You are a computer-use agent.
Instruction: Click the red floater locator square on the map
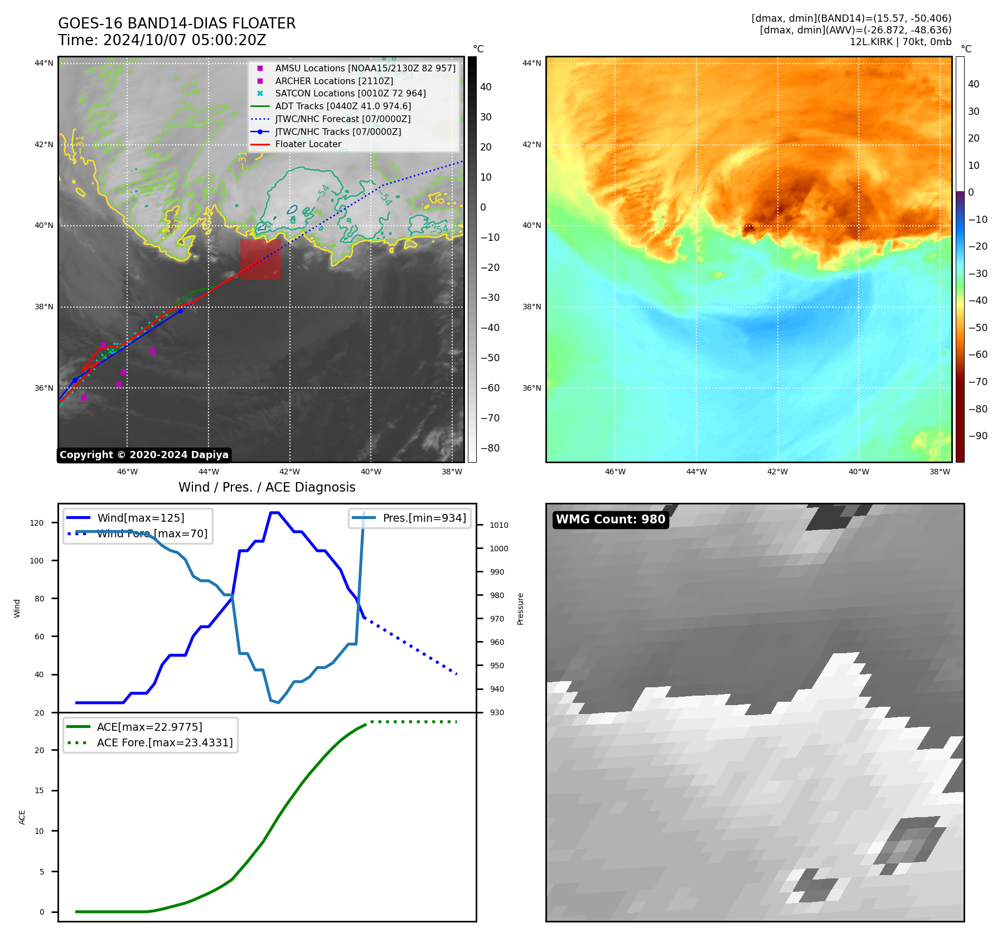click(260, 259)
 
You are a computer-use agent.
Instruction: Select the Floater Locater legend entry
click(308, 144)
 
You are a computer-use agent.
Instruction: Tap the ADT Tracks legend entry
click(342, 106)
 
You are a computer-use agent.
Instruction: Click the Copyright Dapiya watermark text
click(144, 455)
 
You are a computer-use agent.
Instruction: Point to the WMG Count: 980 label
click(611, 519)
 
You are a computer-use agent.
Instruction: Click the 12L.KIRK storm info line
click(900, 42)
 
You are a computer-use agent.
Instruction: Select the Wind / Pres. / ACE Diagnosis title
click(267, 487)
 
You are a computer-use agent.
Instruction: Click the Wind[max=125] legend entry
click(141, 518)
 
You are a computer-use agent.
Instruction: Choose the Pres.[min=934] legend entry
click(424, 518)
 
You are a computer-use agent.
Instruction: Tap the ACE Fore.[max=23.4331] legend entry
click(164, 742)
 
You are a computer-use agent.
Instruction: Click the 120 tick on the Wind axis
click(37, 523)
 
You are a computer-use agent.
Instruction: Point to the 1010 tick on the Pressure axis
click(499, 525)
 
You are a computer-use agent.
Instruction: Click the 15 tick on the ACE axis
click(39, 790)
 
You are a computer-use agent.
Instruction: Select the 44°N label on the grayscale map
click(44, 64)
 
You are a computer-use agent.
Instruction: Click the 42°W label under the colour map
click(777, 472)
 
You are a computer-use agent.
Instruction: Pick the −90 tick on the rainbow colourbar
click(977, 436)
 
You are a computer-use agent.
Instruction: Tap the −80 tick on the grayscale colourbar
click(490, 448)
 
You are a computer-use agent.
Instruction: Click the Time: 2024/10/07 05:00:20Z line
click(162, 40)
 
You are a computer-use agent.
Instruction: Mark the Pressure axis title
click(520, 609)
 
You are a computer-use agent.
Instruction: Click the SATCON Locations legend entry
click(350, 94)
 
